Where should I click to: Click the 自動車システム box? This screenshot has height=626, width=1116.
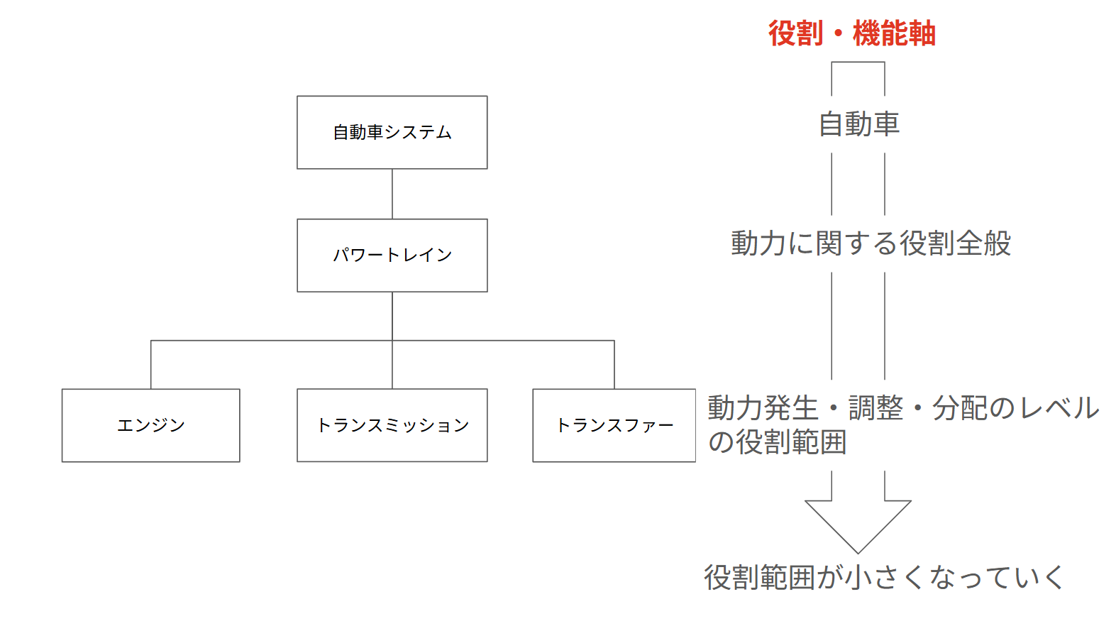392,133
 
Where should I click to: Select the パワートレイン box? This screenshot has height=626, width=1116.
392,256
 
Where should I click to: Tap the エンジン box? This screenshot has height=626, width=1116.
150,425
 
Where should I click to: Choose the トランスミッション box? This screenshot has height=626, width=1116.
392,425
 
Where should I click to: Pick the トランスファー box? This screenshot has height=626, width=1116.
614,425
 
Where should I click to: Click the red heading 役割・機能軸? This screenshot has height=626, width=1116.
851,33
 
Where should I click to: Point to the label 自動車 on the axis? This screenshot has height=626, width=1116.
858,124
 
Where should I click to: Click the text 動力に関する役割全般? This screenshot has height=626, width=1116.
871,243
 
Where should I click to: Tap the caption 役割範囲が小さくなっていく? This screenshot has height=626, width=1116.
883,577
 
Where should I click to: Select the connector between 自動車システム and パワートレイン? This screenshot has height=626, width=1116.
392,194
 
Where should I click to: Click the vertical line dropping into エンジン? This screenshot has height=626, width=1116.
151,365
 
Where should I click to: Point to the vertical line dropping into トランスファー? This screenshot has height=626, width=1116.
614,365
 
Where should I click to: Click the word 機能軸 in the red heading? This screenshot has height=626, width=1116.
894,33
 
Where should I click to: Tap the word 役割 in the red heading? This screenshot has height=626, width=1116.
795,33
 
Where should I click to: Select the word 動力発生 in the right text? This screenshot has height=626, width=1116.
763,408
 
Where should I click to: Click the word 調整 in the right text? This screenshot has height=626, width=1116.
875,408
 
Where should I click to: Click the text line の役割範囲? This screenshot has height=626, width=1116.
777,442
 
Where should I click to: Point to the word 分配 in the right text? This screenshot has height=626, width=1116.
959,408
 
